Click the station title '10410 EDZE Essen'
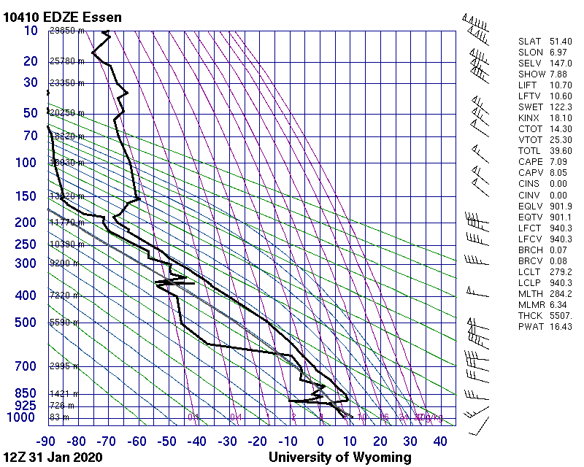click(62, 17)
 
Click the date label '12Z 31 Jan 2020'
click(53, 458)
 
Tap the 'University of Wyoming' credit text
click(339, 458)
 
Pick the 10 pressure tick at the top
click(31, 31)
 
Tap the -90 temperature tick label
click(47, 441)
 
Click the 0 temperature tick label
click(320, 441)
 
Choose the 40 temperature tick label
click(440, 441)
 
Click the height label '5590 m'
click(64, 323)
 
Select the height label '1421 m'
click(64, 393)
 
